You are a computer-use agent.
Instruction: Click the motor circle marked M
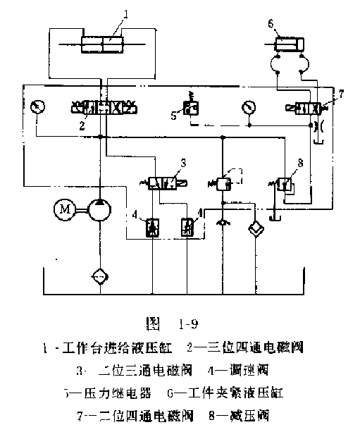[x=65, y=211]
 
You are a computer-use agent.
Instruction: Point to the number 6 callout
[x=270, y=23]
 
